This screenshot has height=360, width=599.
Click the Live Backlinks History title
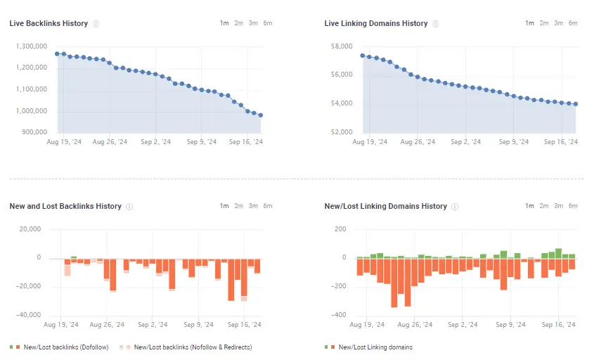[49, 23]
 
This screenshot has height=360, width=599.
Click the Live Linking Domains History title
[375, 23]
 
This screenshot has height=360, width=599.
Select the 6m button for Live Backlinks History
[267, 23]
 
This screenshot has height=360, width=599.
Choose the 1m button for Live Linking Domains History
[529, 23]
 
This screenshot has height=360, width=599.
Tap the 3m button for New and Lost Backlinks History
[253, 206]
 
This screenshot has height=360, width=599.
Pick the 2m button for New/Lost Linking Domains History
[544, 206]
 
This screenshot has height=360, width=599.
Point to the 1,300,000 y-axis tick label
[31, 46]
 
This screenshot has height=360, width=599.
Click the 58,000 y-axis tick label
[341, 46]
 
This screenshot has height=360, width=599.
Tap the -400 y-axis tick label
[340, 315]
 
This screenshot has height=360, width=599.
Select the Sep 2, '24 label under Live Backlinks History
[156, 142]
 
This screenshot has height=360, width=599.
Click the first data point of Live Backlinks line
[57, 53]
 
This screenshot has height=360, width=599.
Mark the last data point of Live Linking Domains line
[576, 104]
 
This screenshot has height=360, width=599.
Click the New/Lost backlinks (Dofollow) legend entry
[63, 347]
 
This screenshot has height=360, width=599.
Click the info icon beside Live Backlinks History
[96, 24]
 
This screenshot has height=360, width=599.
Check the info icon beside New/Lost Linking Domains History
[455, 207]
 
